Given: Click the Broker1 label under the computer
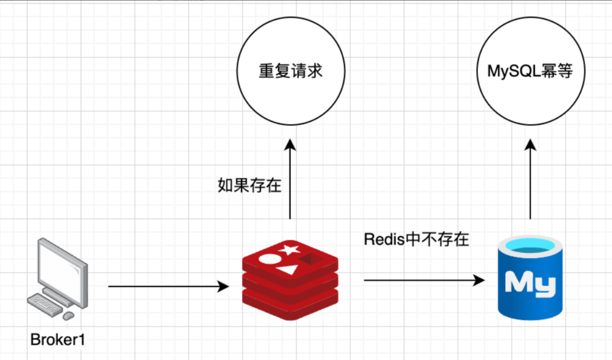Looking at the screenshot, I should point(58,340).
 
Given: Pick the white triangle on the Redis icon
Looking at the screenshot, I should point(289,269).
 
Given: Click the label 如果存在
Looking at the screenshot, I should point(249,185).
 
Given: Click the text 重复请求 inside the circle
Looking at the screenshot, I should point(290,71).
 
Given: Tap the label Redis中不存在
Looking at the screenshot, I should point(416,239).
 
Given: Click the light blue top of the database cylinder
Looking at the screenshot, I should point(530,249).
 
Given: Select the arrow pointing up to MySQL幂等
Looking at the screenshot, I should point(531,178).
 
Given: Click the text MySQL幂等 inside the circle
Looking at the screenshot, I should point(530,71).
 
